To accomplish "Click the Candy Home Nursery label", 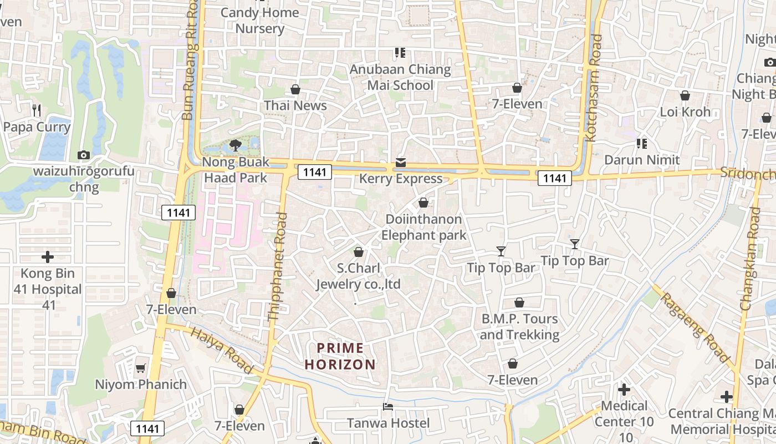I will pos(260,21).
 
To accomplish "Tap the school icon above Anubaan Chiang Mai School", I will pos(400,53).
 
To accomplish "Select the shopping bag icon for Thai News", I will pos(295,89).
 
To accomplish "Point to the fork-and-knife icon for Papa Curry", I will pos(37,110).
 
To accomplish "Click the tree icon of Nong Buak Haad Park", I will pos(236,145).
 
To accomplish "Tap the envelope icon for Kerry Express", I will pos(400,163).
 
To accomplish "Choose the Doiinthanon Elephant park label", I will pos(423,227).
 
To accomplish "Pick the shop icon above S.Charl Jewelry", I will pos(359,252).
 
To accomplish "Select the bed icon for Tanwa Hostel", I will pos(388,407).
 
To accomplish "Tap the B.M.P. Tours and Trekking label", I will pos(519,327).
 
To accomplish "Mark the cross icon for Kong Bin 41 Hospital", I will pos(48,257).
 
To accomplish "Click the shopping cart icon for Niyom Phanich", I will pos(141,368).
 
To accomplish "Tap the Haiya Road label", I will pos(222,350).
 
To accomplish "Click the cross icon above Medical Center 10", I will pos(624,390).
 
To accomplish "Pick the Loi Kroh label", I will pos(685,112).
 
